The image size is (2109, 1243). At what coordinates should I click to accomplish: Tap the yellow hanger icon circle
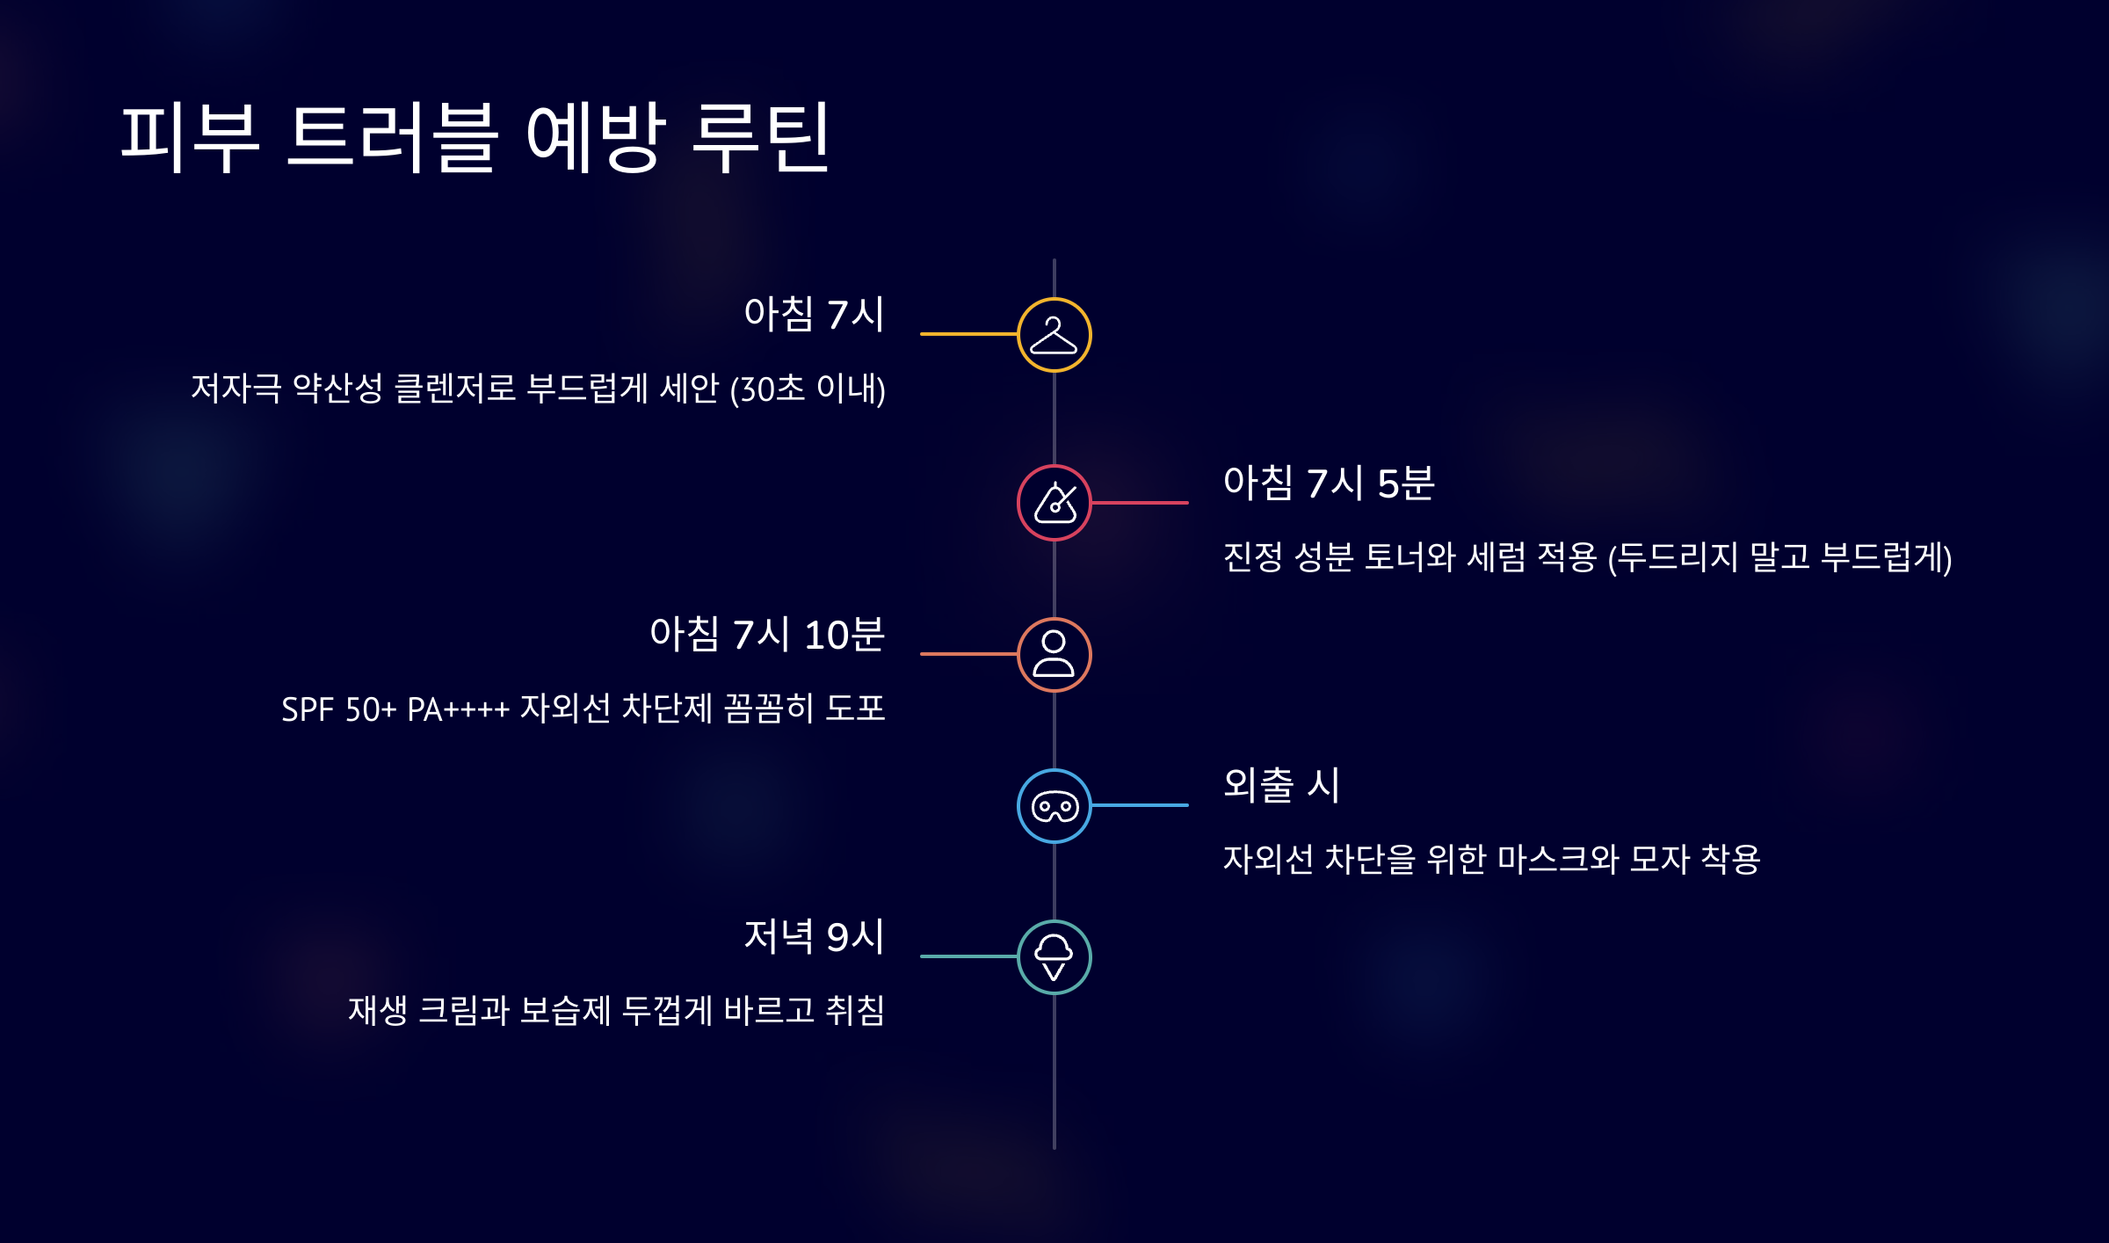point(1054,335)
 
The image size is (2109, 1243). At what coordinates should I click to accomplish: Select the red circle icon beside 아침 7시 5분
point(1054,503)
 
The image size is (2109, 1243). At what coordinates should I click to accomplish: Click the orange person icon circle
point(1054,655)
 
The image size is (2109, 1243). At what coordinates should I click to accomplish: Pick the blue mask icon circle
point(1054,806)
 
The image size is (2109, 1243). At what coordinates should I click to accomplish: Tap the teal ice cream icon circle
point(1054,957)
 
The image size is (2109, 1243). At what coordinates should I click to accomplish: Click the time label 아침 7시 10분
point(766,635)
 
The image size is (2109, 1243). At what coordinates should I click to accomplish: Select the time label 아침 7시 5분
point(1328,483)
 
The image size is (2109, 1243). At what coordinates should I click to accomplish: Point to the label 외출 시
point(1280,785)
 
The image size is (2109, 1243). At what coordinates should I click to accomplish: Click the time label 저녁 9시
point(814,936)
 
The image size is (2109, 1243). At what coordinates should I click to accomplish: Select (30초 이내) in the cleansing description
point(807,389)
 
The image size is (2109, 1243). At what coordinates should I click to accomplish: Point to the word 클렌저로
point(454,389)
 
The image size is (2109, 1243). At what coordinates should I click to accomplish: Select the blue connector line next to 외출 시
point(1140,805)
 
